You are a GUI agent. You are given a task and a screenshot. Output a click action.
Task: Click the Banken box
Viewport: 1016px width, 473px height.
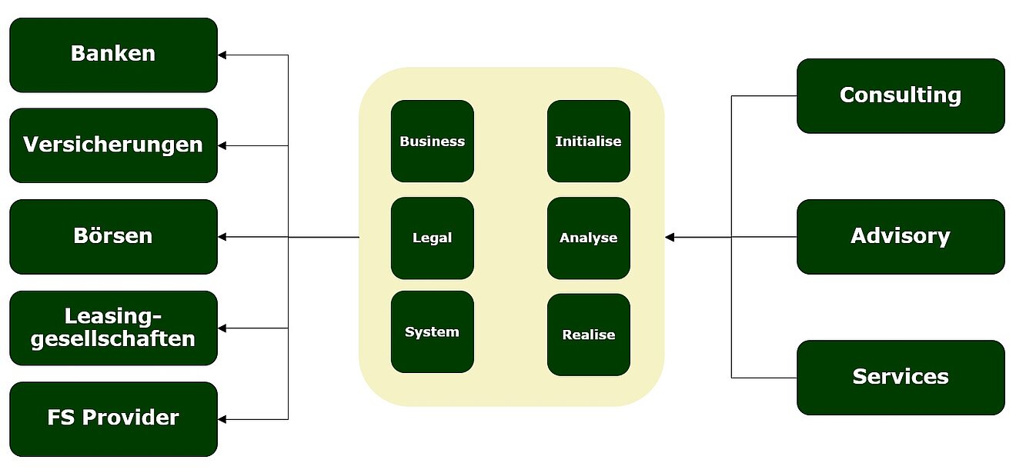[113, 55]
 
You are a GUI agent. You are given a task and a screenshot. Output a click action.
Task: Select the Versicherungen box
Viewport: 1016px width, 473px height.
[113, 145]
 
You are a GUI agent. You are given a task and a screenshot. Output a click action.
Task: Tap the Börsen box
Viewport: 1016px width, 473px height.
[113, 236]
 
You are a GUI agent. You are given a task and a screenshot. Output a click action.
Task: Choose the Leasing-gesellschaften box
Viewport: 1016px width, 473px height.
[113, 328]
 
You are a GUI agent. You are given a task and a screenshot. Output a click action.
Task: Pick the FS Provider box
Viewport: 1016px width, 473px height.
[113, 418]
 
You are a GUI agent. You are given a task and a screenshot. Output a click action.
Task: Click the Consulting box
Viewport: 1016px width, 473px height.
[901, 95]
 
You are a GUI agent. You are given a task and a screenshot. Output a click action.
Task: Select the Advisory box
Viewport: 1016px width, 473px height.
[901, 236]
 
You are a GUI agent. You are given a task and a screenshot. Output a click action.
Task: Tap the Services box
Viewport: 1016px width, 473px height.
[901, 377]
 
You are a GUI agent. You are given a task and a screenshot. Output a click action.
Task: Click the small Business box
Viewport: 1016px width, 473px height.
[433, 142]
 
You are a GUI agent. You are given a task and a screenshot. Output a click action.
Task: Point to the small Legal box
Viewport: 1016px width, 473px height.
[433, 238]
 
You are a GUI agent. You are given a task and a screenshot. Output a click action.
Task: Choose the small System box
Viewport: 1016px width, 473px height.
[433, 332]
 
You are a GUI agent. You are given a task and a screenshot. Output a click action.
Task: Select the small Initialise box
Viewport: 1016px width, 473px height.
[589, 142]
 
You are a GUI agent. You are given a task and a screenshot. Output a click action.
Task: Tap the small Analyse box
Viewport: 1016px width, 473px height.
[589, 238]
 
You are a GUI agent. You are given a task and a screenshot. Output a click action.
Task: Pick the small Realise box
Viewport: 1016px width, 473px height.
[589, 335]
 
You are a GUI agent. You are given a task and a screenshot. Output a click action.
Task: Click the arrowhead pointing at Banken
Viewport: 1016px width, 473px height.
[222, 55]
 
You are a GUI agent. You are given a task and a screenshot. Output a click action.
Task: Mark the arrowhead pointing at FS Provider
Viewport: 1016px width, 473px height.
[222, 419]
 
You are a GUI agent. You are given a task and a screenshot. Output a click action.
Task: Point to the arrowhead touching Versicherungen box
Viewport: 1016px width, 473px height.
[222, 145]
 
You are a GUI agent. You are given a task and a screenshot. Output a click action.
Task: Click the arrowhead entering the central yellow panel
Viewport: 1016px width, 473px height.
[670, 237]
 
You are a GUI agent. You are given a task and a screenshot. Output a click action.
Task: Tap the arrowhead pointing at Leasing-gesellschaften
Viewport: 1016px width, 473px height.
[222, 328]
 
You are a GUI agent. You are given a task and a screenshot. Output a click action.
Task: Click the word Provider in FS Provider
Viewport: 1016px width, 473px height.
[130, 418]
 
